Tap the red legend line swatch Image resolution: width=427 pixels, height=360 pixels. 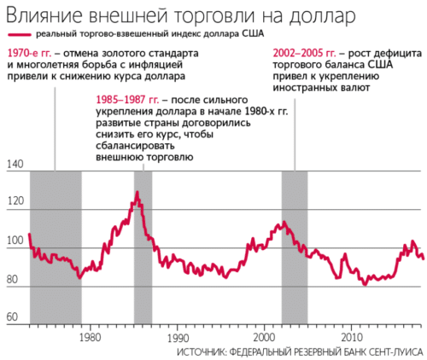coord(19,34)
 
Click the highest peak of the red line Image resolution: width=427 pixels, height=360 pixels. coord(137,193)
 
